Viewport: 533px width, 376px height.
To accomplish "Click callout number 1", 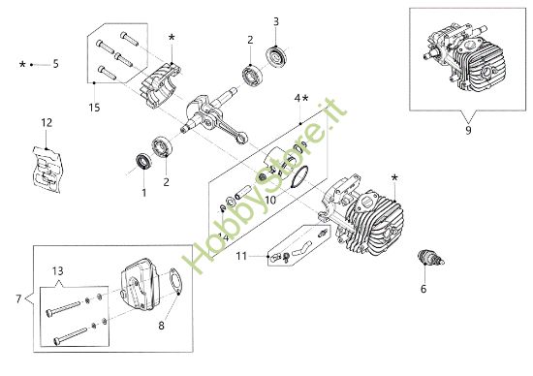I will pos(144,192).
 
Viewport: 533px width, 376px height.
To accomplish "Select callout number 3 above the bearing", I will pos(276,21).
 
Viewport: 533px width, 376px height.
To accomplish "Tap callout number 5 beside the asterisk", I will pos(55,64).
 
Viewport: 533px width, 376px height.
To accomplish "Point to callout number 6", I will pos(423,289).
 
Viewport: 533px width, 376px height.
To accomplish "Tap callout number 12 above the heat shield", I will pos(45,123).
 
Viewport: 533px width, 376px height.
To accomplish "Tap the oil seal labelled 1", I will pos(142,159).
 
